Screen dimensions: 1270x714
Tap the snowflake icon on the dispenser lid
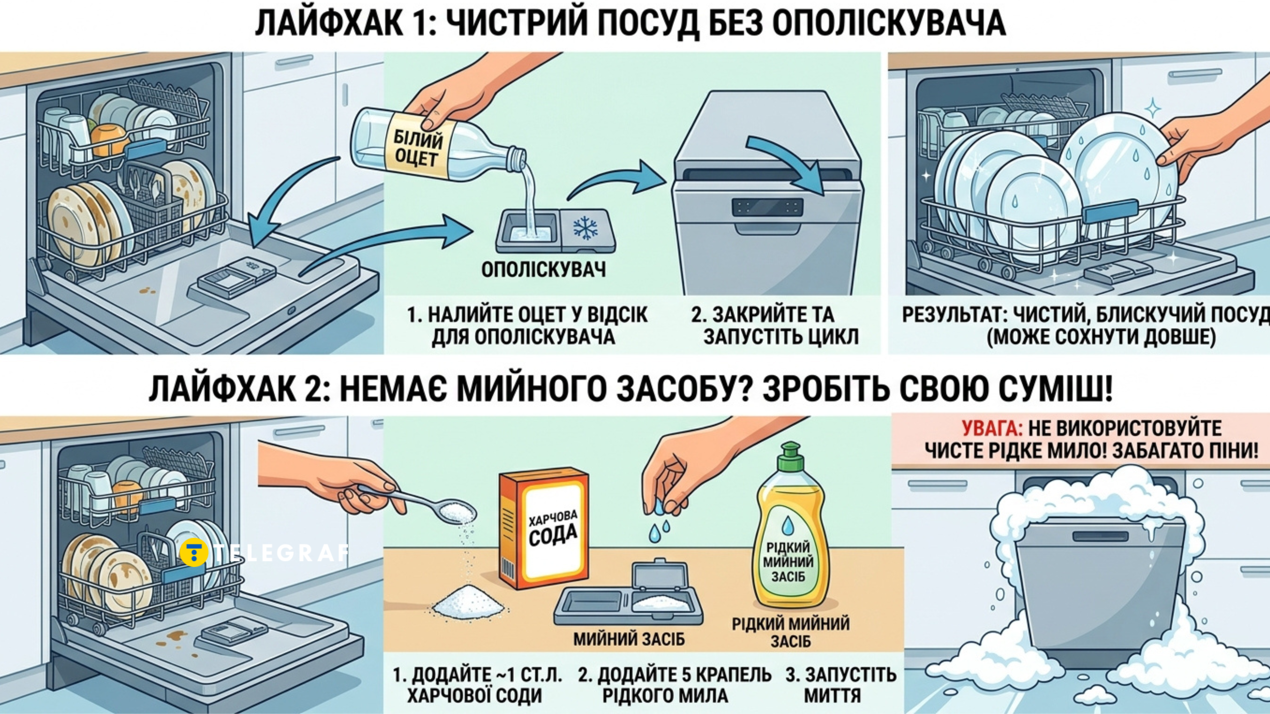(585, 228)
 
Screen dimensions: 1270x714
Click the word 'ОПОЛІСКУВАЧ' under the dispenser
(543, 270)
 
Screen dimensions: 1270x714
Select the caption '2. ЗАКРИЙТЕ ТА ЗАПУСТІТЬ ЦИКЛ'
(775, 326)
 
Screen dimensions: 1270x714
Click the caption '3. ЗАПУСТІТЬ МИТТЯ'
(841, 685)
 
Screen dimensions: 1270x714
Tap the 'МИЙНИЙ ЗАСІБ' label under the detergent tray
(629, 640)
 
